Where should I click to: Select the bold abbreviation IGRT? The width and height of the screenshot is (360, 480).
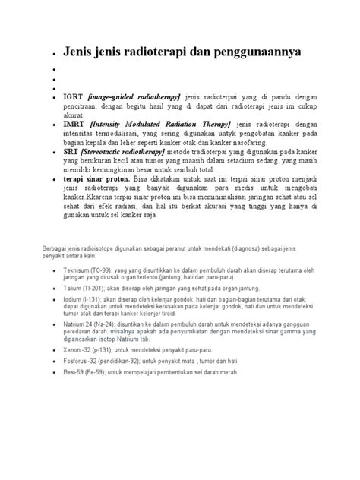pos(74,98)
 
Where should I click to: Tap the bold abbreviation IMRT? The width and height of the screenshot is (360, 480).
pos(75,123)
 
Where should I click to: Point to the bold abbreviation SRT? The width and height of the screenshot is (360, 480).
pos(73,152)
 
